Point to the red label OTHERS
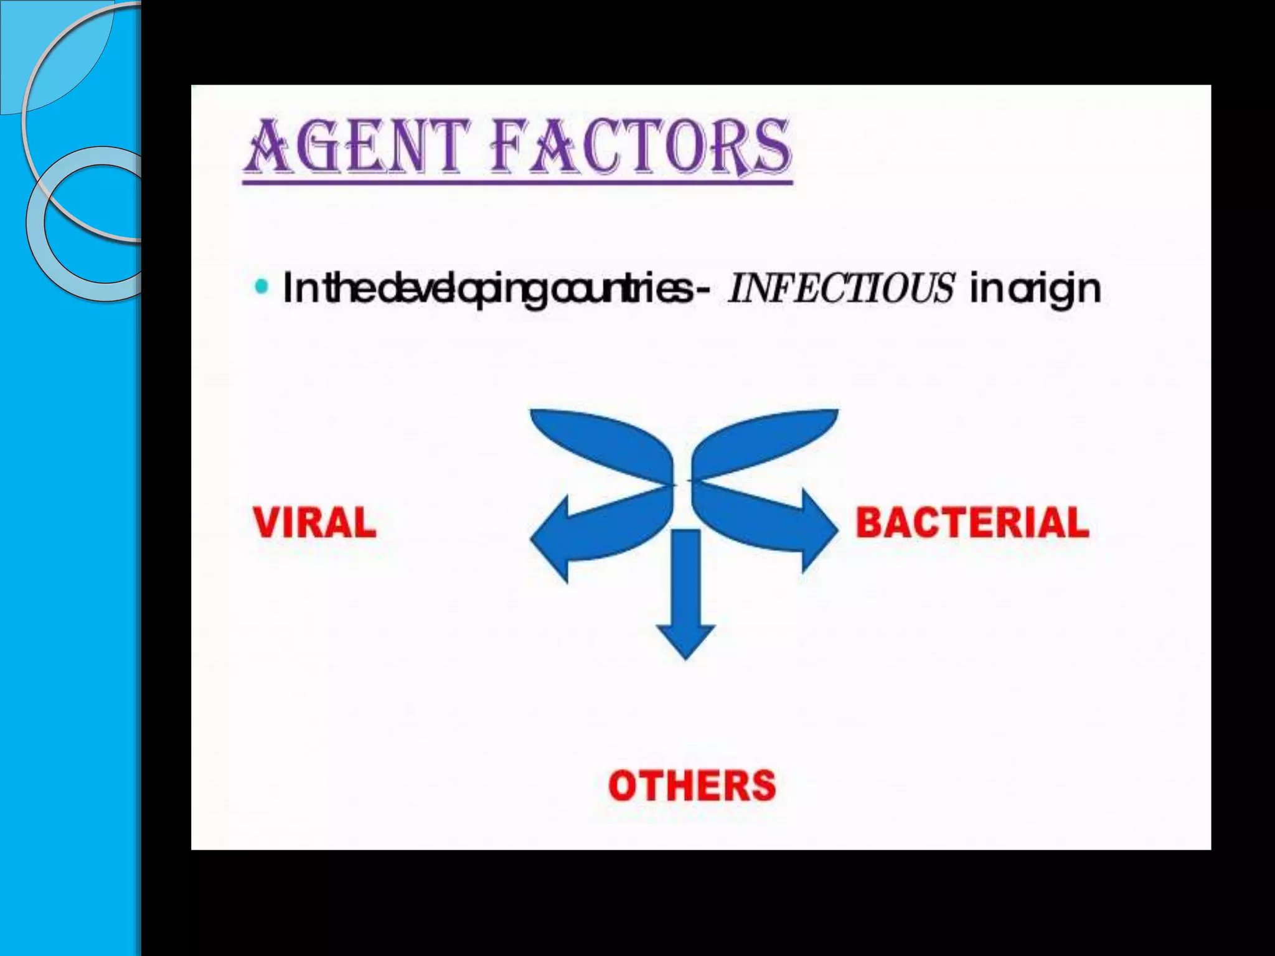click(x=692, y=785)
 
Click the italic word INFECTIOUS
click(x=840, y=288)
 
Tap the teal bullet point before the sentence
click(x=262, y=287)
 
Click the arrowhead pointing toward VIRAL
click(x=551, y=539)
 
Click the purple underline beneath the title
click(x=517, y=182)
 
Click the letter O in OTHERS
click(x=624, y=785)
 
